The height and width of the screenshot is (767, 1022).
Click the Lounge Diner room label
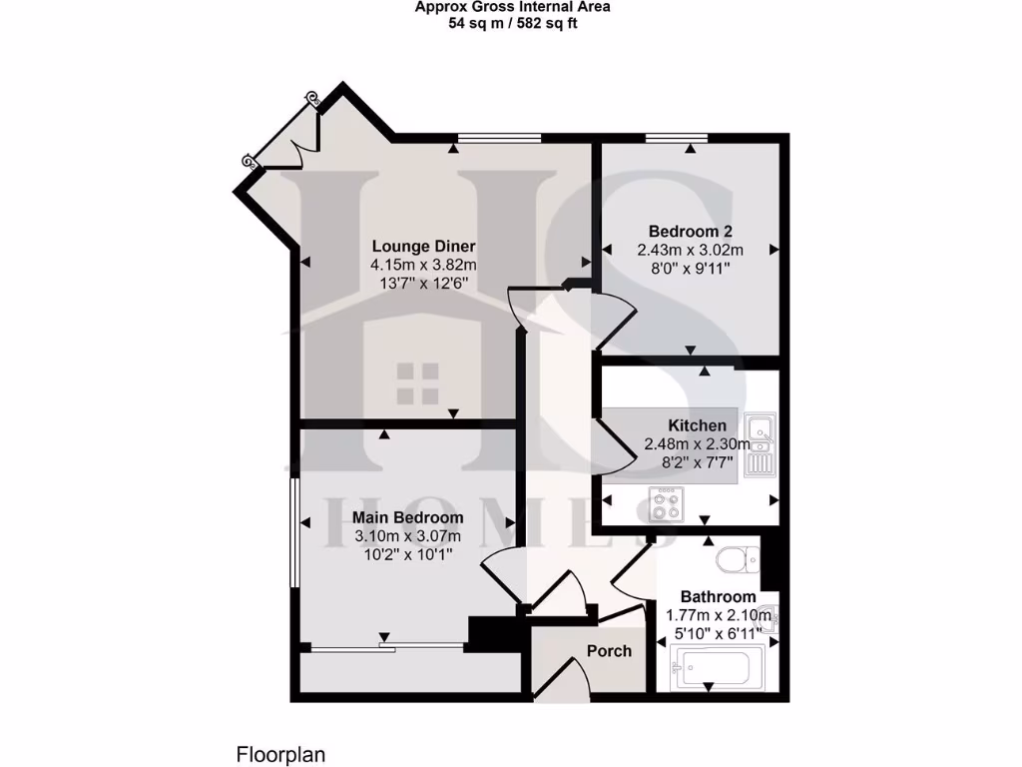click(423, 247)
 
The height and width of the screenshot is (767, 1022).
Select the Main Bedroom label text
click(407, 518)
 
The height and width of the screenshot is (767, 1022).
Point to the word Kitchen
click(698, 426)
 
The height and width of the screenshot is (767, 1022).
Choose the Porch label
click(609, 651)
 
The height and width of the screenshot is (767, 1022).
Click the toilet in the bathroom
click(738, 560)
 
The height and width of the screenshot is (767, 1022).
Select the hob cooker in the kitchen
click(666, 502)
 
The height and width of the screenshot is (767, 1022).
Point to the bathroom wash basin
click(768, 620)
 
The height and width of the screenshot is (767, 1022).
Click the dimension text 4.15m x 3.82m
click(423, 266)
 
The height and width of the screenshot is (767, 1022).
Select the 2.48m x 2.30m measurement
click(698, 444)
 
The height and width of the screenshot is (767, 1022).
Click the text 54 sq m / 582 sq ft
click(513, 23)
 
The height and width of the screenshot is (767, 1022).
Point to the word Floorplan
click(280, 754)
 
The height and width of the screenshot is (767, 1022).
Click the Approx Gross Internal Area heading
click(513, 7)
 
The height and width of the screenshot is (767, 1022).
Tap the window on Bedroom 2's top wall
click(676, 137)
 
